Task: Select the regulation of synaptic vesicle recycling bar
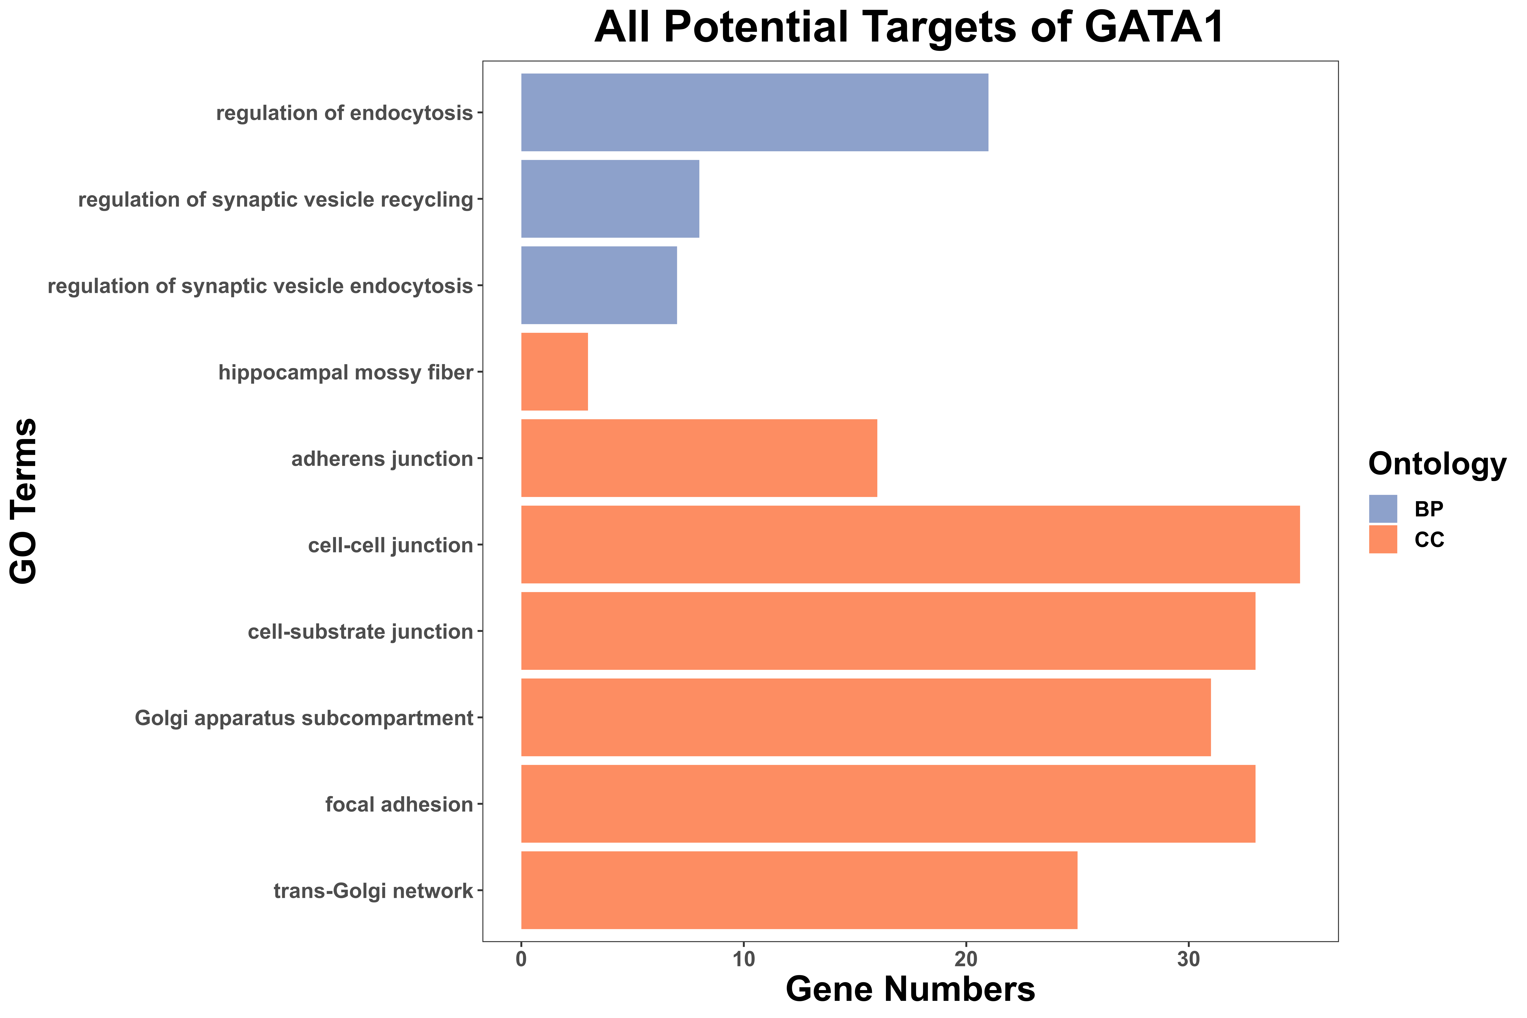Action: coord(610,199)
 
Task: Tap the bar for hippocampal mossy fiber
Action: coord(554,371)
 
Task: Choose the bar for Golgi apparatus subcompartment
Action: coord(866,717)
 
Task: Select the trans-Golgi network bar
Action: coord(799,890)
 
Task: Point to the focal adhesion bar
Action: coord(888,804)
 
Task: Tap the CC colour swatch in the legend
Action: coord(1383,540)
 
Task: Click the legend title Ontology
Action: coord(1437,465)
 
